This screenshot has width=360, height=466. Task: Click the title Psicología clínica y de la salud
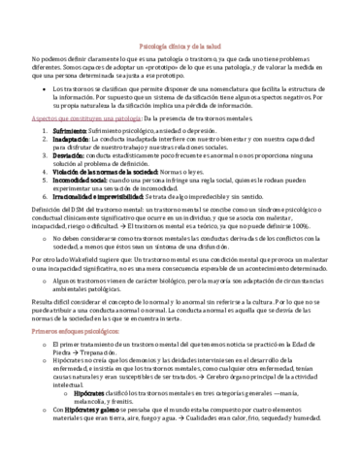point(180,47)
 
